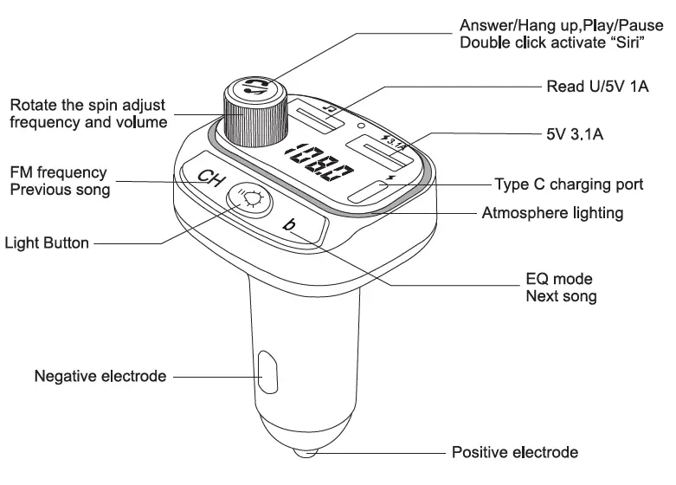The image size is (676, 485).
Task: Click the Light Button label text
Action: [48, 243]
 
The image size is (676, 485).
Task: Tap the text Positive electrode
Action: [514, 453]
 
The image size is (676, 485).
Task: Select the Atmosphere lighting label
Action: [552, 212]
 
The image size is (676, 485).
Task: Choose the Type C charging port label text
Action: [569, 184]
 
